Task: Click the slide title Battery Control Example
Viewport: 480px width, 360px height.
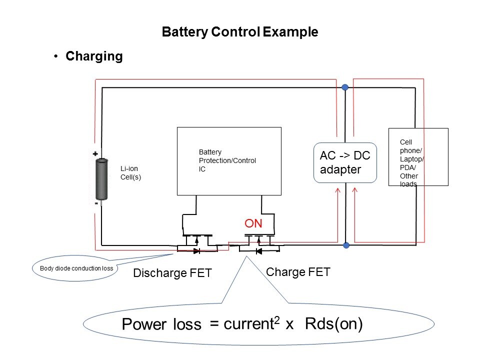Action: pyautogui.click(x=240, y=32)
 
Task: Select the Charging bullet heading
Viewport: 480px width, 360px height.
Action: pyautogui.click(x=94, y=56)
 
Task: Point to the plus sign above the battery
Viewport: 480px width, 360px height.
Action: pyautogui.click(x=95, y=155)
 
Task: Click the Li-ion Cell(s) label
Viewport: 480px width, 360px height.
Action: pyautogui.click(x=130, y=172)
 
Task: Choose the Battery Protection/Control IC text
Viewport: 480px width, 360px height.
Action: pyautogui.click(x=227, y=160)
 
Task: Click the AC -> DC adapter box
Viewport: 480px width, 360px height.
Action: pyautogui.click(x=344, y=162)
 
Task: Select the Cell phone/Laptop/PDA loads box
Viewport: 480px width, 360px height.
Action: pyautogui.click(x=418, y=157)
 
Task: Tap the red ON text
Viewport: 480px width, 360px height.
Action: pyautogui.click(x=253, y=223)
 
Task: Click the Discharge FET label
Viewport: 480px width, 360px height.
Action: pyautogui.click(x=172, y=273)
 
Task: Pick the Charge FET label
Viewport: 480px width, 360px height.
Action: pyautogui.click(x=298, y=272)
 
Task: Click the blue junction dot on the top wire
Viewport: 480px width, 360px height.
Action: pyautogui.click(x=345, y=87)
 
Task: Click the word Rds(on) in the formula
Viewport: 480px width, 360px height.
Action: pyautogui.click(x=333, y=324)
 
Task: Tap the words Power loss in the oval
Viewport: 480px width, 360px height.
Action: pyautogui.click(x=161, y=325)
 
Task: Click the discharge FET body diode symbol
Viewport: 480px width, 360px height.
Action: pyautogui.click(x=196, y=249)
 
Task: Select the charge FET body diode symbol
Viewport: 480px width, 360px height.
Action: pyautogui.click(x=258, y=250)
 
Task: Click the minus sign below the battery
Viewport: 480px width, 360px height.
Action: pyautogui.click(x=95, y=204)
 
